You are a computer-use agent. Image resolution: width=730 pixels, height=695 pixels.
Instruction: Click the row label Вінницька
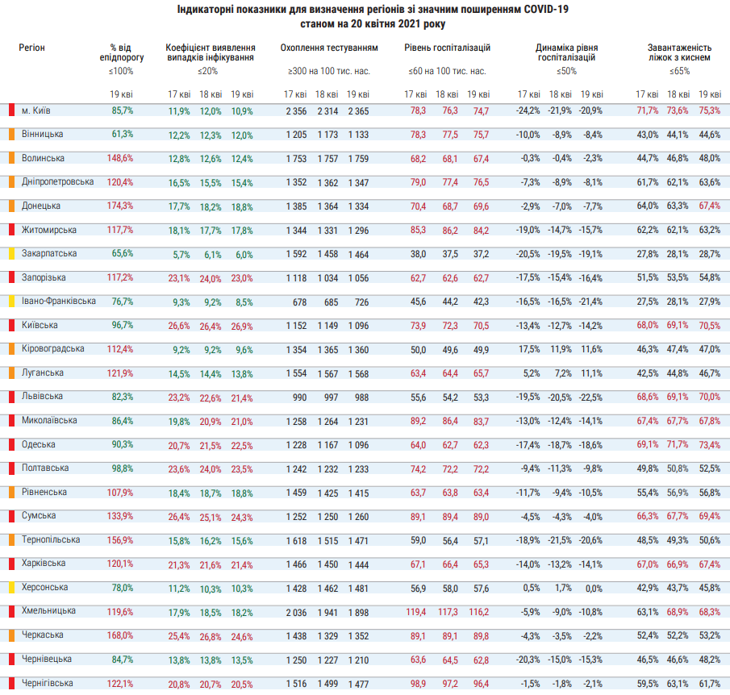click(43, 134)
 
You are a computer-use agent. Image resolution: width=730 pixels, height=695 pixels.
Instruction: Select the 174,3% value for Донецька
click(120, 206)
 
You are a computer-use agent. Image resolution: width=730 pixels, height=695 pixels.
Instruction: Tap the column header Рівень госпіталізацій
click(447, 48)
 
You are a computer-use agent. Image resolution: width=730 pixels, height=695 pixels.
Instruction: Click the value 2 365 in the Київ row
click(358, 111)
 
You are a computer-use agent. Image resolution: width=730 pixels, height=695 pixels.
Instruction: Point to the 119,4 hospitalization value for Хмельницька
click(415, 612)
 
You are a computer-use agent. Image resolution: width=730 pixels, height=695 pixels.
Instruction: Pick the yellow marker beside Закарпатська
click(11, 254)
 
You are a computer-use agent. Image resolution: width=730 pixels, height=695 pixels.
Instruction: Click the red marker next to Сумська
click(11, 516)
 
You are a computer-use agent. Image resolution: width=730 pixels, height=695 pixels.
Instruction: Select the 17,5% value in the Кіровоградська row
click(529, 349)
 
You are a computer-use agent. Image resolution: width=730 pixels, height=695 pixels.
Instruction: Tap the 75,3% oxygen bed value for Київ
click(710, 110)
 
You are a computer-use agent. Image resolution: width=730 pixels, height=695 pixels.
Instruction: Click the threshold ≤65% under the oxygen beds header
click(679, 71)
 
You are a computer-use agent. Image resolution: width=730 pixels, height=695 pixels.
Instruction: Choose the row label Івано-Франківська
click(59, 302)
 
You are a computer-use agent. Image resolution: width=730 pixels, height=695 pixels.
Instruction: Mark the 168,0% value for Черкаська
click(120, 635)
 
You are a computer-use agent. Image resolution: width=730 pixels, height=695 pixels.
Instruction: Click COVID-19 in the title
click(546, 10)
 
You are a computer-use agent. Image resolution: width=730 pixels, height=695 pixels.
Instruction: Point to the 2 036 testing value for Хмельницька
click(297, 613)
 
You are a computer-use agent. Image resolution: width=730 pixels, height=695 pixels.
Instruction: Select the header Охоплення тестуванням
click(329, 48)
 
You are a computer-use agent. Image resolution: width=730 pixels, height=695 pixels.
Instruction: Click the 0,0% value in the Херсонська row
click(594, 589)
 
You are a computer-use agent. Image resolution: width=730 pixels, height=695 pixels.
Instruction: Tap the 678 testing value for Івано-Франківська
click(300, 302)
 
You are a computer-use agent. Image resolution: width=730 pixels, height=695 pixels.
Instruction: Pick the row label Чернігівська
click(47, 684)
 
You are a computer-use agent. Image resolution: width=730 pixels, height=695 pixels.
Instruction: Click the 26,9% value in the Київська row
click(242, 327)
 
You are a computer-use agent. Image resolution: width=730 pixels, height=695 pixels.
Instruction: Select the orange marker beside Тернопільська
click(11, 540)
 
